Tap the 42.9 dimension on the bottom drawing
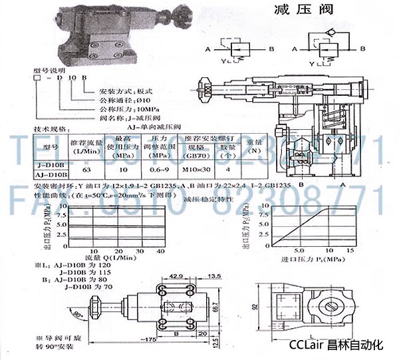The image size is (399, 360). tap(176, 274)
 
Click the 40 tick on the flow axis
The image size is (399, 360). tap(160, 249)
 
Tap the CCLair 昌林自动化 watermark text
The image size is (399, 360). tap(337, 345)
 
